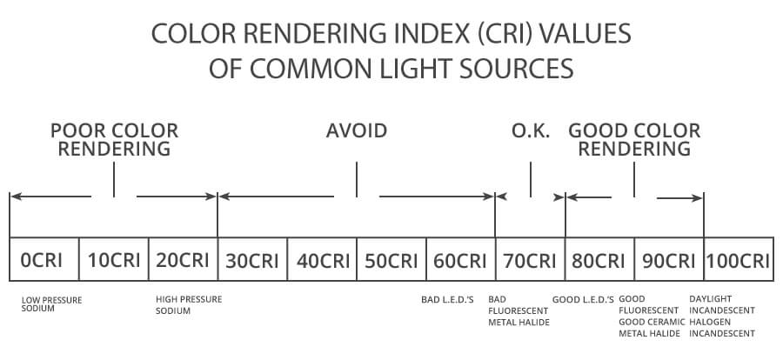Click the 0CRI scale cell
[x=43, y=259]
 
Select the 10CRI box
[x=113, y=259]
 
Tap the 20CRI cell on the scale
[x=183, y=259]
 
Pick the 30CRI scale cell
[x=252, y=259]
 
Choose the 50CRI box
[x=391, y=259]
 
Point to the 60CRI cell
[x=460, y=259]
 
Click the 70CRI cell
[x=530, y=259]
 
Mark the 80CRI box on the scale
[x=599, y=259]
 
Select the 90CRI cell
[x=668, y=259]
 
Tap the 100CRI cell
[x=738, y=259]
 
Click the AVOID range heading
[x=357, y=131]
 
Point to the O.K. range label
[x=530, y=131]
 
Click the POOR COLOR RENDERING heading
[x=114, y=139]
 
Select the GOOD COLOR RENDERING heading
[x=634, y=139]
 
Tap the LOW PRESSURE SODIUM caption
[x=52, y=303]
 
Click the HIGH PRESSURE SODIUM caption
[x=189, y=303]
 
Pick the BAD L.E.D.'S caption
[x=447, y=299]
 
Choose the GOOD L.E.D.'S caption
[x=583, y=299]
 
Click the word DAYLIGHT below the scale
[x=711, y=299]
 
